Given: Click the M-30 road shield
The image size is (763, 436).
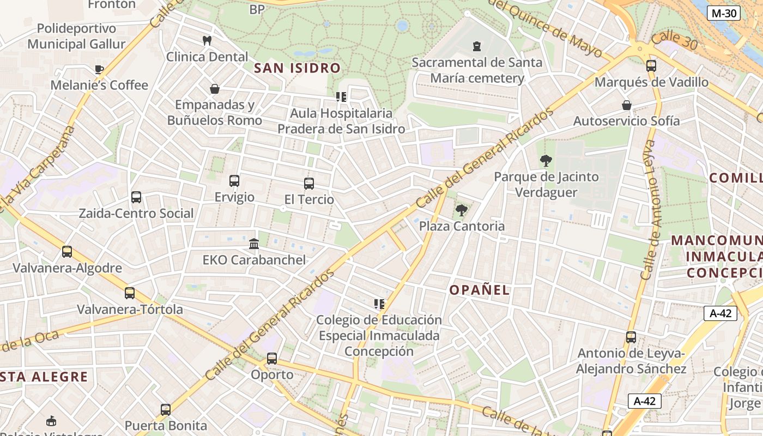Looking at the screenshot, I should (723, 13).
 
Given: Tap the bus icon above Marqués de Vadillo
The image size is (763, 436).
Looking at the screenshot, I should (651, 66).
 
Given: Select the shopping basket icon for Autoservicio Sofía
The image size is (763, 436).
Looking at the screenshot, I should (627, 105).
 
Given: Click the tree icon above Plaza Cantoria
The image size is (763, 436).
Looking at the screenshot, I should (462, 210).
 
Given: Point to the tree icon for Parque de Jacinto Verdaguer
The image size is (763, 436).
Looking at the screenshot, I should (545, 161).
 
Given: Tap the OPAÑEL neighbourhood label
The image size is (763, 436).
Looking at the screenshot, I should (480, 290).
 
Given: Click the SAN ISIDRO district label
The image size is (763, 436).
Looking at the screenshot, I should (298, 68).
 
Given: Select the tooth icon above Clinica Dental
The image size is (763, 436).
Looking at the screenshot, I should (207, 40).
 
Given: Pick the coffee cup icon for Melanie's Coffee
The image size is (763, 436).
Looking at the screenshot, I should (99, 69).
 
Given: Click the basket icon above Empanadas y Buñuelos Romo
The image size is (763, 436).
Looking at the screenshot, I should (215, 89).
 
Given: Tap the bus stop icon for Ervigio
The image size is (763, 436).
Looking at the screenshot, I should (234, 181).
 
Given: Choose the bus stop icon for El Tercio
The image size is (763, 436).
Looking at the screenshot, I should (309, 184).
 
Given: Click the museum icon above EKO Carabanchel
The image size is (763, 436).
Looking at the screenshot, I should (254, 244).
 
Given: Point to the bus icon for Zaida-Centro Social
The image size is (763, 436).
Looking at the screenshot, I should (136, 197).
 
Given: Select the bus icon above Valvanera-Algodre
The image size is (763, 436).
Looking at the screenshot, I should (67, 252).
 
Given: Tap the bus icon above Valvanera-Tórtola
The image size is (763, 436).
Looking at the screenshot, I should (130, 293).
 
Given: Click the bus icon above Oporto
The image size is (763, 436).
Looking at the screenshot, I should (271, 359).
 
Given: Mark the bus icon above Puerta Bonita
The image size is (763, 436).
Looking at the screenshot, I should (166, 409).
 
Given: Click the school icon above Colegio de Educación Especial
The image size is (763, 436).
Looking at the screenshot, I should (379, 304).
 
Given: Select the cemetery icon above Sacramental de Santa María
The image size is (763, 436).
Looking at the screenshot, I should (477, 46).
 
